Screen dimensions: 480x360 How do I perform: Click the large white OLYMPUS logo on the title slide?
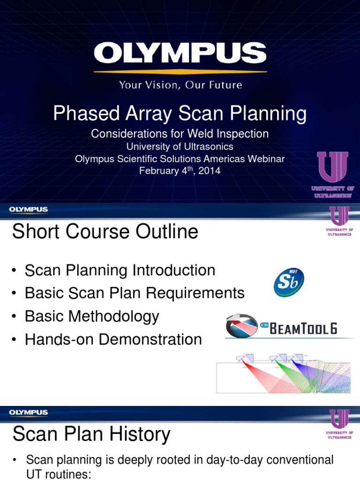click(x=180, y=54)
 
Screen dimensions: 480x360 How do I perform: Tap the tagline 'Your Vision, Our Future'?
click(x=180, y=85)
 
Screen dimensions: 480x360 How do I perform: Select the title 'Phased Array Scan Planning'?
click(x=180, y=113)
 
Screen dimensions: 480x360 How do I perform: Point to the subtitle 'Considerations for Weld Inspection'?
click(x=180, y=134)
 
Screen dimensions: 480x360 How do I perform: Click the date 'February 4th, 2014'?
click(x=180, y=171)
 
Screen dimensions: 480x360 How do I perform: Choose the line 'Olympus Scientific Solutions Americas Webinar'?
click(x=180, y=159)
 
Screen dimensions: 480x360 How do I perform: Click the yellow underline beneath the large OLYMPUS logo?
click(x=180, y=72)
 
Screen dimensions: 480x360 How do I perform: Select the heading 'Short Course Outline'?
click(x=105, y=232)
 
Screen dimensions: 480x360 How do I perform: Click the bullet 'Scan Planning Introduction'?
click(x=120, y=270)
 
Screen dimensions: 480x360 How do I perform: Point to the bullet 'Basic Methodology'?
click(x=92, y=316)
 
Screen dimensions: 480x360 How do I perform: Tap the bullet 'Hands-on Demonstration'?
click(x=113, y=339)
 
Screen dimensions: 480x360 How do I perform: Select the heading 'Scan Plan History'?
click(x=91, y=435)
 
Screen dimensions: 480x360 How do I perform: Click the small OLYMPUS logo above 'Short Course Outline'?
click(x=29, y=210)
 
